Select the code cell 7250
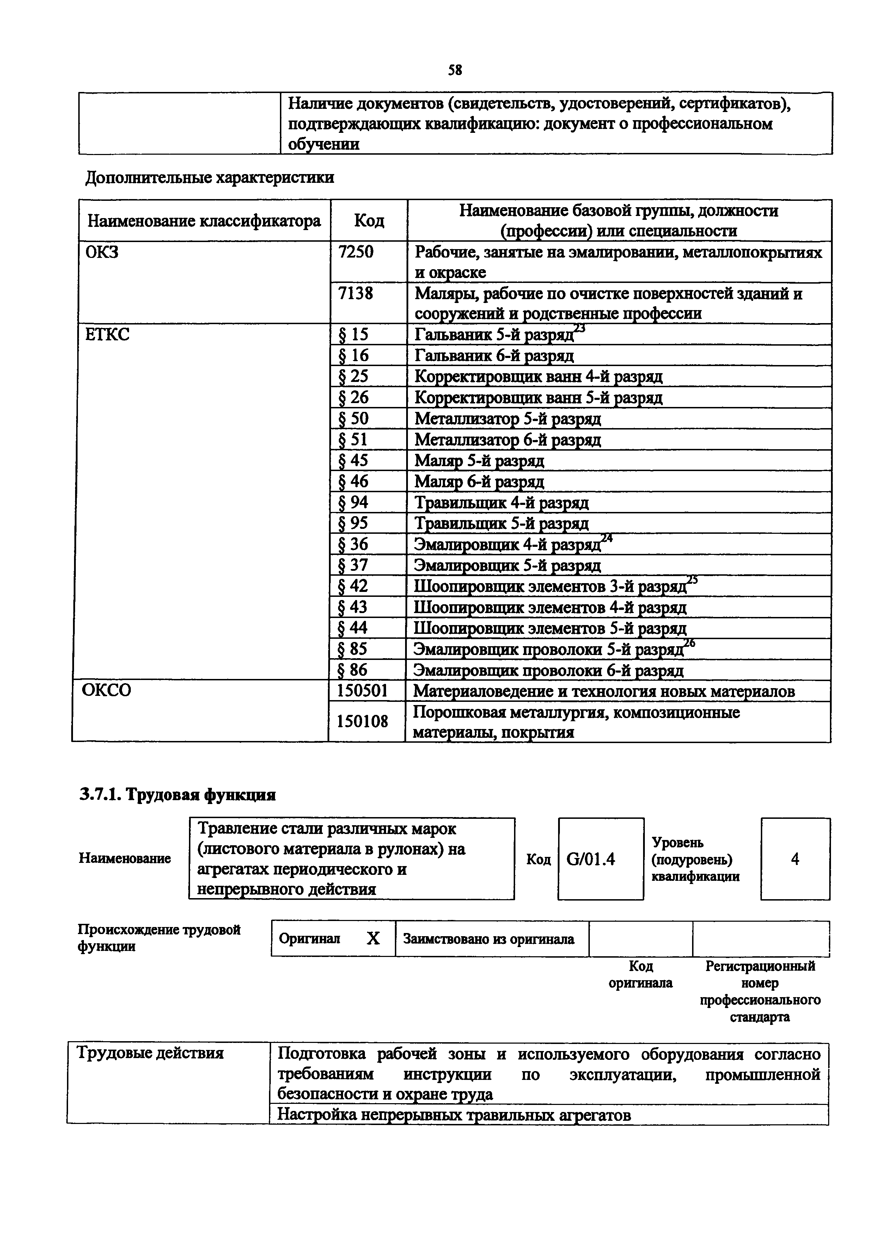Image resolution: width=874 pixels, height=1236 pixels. pyautogui.click(x=356, y=252)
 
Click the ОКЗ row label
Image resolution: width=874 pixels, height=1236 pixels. pyautogui.click(x=102, y=252)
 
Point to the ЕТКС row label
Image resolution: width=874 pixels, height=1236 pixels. pyautogui.click(x=108, y=335)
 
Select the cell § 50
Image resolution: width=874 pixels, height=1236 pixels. pyautogui.click(x=353, y=418)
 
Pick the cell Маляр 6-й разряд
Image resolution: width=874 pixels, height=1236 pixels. pyautogui.click(x=479, y=481)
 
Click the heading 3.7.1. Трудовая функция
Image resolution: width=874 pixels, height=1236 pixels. pyautogui.click(x=178, y=795)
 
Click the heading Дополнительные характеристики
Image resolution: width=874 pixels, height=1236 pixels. pyautogui.click(x=210, y=177)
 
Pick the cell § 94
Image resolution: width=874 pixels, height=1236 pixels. pyautogui.click(x=353, y=502)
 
